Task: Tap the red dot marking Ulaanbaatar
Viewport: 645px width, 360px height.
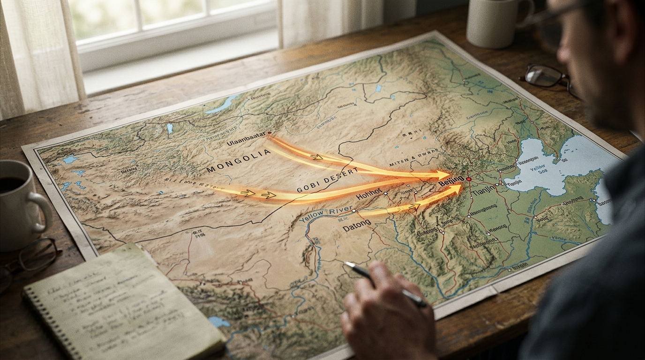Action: pyautogui.click(x=269, y=134)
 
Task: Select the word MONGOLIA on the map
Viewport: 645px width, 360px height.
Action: pyautogui.click(x=239, y=160)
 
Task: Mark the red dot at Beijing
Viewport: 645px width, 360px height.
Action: pyautogui.click(x=468, y=179)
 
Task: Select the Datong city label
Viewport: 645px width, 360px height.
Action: pyautogui.click(x=357, y=228)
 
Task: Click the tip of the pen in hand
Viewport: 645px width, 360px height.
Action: pyautogui.click(x=346, y=264)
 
